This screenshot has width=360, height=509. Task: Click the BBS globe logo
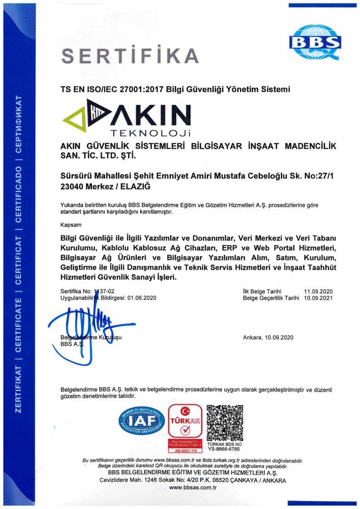[315, 42]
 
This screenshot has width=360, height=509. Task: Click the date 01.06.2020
[142, 298]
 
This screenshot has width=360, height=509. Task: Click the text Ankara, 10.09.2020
[269, 338]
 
